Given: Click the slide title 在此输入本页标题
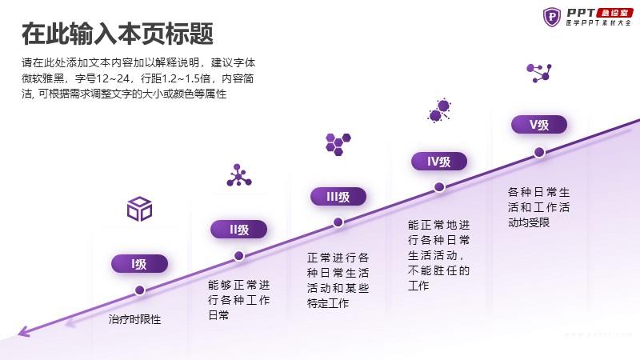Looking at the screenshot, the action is click(118, 34).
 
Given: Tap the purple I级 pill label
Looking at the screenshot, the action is click(139, 264).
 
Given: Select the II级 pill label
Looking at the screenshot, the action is click(238, 230).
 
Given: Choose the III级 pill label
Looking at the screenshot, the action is click(338, 197).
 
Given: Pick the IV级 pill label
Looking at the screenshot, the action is click(438, 162).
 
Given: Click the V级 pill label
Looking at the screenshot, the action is click(539, 125).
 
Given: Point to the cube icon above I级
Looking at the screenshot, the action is click(139, 209).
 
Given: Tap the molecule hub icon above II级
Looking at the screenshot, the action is click(238, 175).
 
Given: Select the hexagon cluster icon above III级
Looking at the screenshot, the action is click(338, 144).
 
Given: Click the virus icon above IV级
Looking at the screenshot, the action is click(438, 110).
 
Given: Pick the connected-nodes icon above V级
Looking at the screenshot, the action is click(539, 73).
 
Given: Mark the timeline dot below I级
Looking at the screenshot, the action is click(139, 290).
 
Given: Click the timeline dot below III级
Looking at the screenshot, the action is click(338, 222).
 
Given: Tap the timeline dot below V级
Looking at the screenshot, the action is click(539, 152).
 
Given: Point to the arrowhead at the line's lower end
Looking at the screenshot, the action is click(24, 331).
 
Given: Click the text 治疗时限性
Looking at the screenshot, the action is click(134, 319).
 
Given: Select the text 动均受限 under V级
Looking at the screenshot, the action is click(529, 222).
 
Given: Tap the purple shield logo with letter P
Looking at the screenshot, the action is click(552, 17).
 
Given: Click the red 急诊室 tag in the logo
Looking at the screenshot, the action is click(614, 13).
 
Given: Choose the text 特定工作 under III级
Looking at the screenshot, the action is click(328, 303).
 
